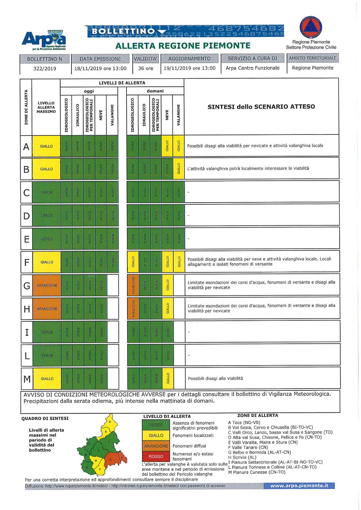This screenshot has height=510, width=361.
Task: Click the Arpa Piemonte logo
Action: click(x=44, y=40)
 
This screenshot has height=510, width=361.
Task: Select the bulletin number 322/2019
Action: click(x=45, y=69)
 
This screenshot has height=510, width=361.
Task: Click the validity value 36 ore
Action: click(x=146, y=68)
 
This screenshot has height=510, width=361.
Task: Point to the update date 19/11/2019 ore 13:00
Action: click(x=190, y=68)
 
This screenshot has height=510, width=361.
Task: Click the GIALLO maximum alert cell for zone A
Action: click(x=46, y=146)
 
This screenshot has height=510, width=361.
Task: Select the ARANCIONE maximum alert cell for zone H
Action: click(x=47, y=309)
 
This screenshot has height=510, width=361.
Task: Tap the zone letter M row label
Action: click(x=27, y=379)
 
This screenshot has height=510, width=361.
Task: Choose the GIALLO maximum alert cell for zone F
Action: click(x=47, y=262)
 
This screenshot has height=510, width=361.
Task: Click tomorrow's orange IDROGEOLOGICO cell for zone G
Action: click(x=133, y=285)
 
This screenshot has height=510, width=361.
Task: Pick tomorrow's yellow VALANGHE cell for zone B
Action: click(x=179, y=169)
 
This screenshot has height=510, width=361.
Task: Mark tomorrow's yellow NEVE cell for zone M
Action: click(x=168, y=378)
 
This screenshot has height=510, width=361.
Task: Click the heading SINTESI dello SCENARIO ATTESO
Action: click(x=261, y=107)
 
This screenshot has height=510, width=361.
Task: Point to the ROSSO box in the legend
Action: click(x=156, y=456)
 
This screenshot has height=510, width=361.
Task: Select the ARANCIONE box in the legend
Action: click(x=156, y=446)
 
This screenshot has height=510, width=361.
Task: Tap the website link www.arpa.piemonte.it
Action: click(x=299, y=486)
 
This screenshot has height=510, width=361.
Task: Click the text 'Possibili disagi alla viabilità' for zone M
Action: click(x=215, y=378)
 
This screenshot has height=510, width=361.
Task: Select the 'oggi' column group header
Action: click(x=89, y=91)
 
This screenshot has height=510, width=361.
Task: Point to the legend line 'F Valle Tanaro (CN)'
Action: click(x=248, y=447)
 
